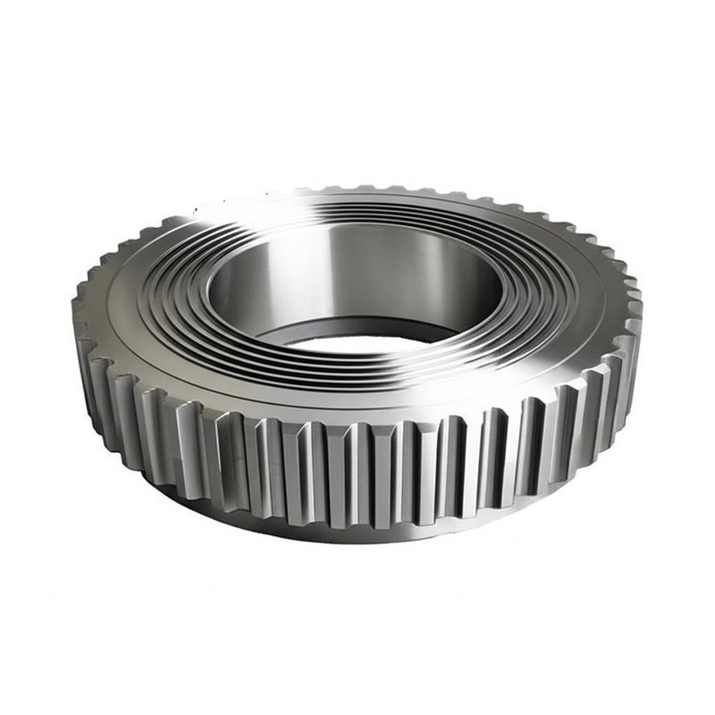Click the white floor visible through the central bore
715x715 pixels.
(357, 342)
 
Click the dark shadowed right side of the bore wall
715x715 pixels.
(465, 286)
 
